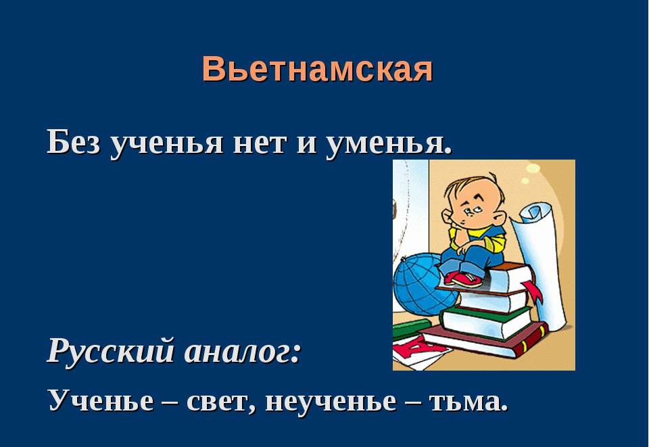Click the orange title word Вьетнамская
tap(318, 69)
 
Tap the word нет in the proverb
tap(260, 144)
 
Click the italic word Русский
tap(110, 351)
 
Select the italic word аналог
tap(242, 352)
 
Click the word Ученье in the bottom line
tap(101, 400)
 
